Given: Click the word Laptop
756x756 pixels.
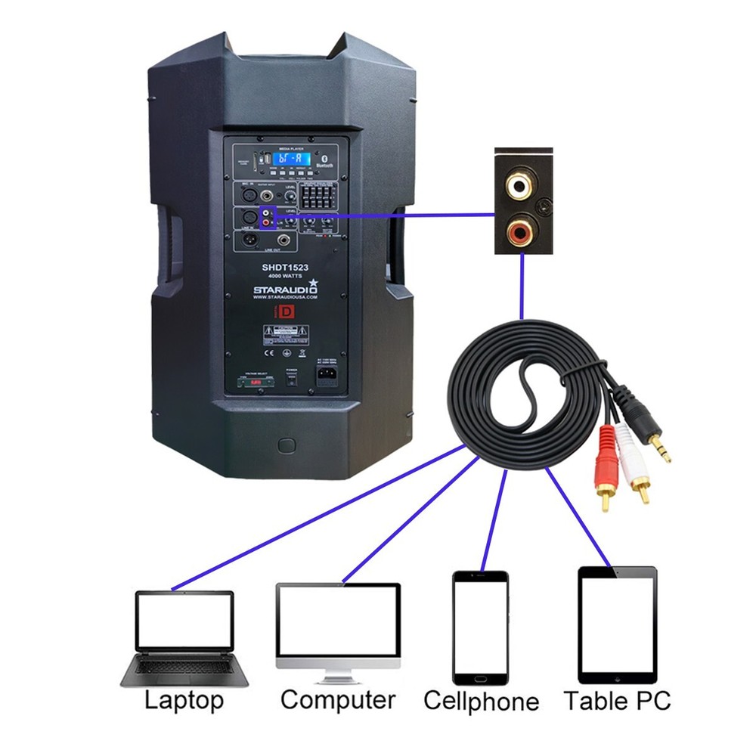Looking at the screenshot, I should tap(184, 700).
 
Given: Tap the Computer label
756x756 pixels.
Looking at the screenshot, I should tap(337, 699).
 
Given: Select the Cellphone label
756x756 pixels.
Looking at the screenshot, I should tap(481, 701).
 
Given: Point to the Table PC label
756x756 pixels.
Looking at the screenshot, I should tap(617, 701).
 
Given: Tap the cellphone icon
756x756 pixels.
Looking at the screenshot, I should tap(480, 627).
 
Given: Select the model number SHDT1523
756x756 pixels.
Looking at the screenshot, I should tap(286, 268).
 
